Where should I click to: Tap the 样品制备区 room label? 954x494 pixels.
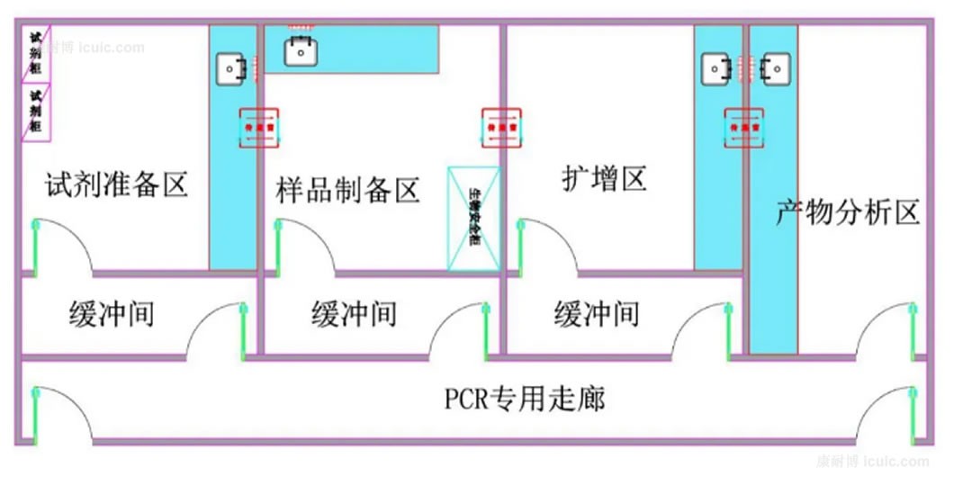(348, 191)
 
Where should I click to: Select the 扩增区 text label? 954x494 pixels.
(604, 178)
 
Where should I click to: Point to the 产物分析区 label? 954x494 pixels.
(849, 213)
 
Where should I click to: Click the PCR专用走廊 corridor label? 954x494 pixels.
(525, 398)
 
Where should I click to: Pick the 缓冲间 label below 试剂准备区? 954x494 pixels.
(111, 315)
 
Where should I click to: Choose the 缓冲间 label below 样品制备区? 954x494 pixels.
(354, 315)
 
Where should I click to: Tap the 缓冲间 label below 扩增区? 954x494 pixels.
(597, 315)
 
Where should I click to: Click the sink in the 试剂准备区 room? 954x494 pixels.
(231, 67)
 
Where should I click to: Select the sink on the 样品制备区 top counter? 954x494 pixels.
(301, 51)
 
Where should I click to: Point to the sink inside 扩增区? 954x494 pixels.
(717, 67)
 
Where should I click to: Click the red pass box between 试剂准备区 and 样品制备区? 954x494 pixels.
(259, 129)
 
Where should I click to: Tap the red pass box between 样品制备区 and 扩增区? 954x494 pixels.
(501, 129)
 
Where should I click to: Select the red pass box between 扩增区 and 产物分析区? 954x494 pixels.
(745, 128)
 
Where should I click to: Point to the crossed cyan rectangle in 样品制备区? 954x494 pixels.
(474, 218)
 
